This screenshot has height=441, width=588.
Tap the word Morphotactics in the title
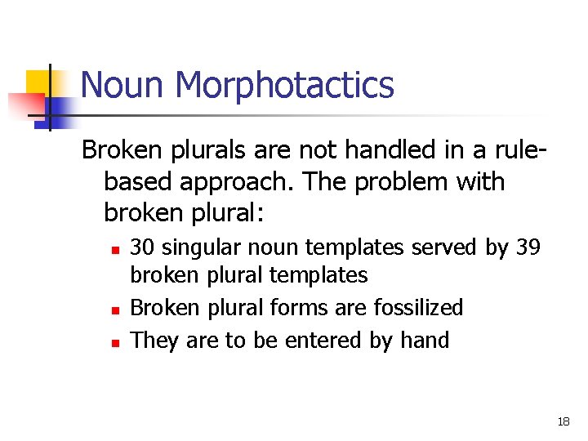point(284,85)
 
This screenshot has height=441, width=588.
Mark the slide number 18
point(563,421)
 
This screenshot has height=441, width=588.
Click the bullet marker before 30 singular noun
point(116,247)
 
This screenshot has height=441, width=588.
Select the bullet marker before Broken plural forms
point(116,310)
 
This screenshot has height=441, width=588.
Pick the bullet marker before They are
point(116,341)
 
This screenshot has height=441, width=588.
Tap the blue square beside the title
point(57,113)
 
